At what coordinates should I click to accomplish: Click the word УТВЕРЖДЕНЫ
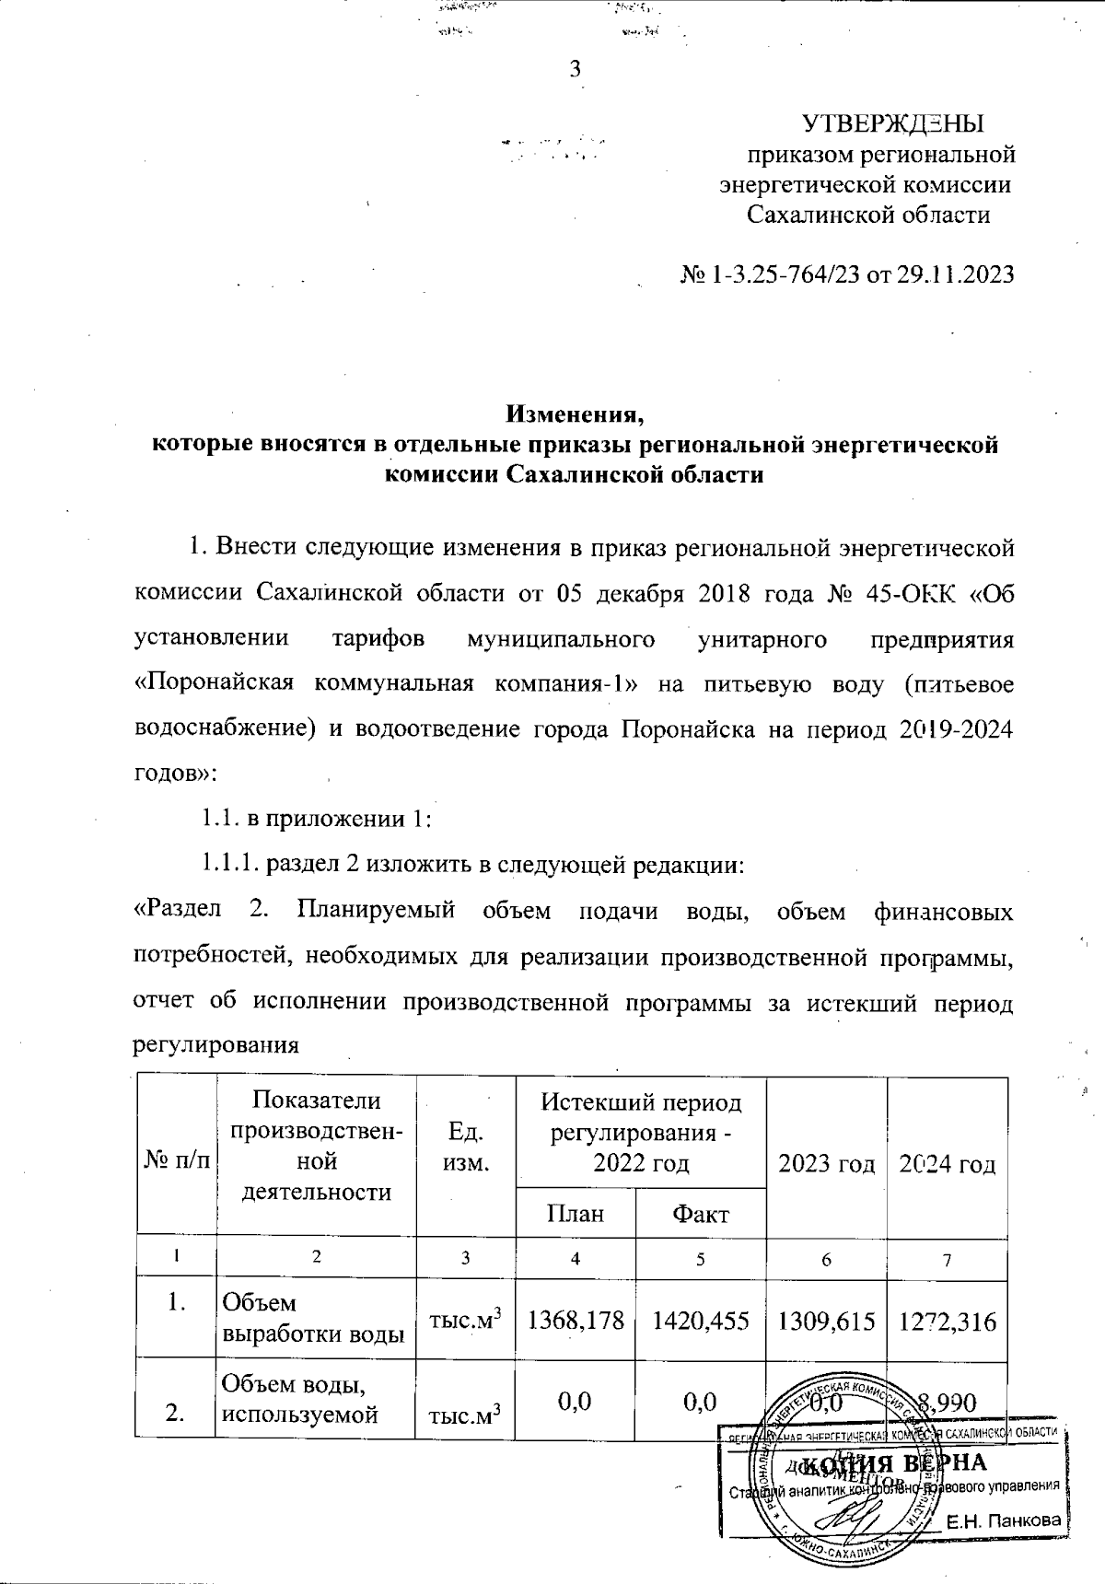[892, 123]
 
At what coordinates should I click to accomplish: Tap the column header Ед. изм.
[465, 1146]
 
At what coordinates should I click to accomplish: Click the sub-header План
[576, 1213]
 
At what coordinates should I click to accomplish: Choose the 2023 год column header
[826, 1164]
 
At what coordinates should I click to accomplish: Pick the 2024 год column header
[948, 1164]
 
